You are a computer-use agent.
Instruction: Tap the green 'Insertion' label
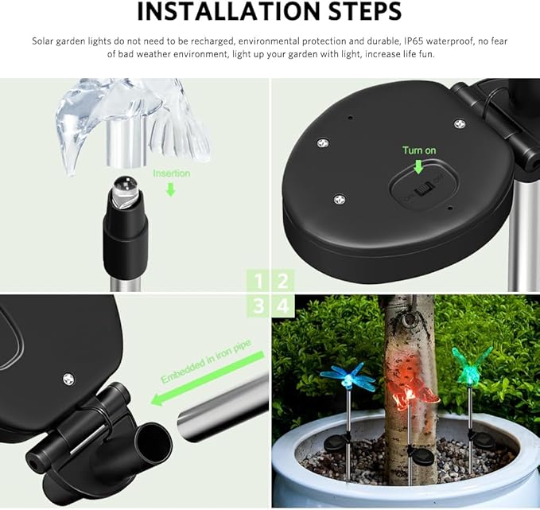tap(172, 173)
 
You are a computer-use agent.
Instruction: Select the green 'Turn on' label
tap(419, 150)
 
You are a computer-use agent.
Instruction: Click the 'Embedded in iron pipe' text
tap(211, 366)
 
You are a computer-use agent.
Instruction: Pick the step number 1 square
tap(257, 280)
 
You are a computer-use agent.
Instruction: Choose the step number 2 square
tap(283, 280)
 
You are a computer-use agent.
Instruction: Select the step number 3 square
tap(257, 306)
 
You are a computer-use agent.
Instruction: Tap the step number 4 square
tap(283, 306)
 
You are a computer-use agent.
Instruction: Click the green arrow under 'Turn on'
tap(419, 166)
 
